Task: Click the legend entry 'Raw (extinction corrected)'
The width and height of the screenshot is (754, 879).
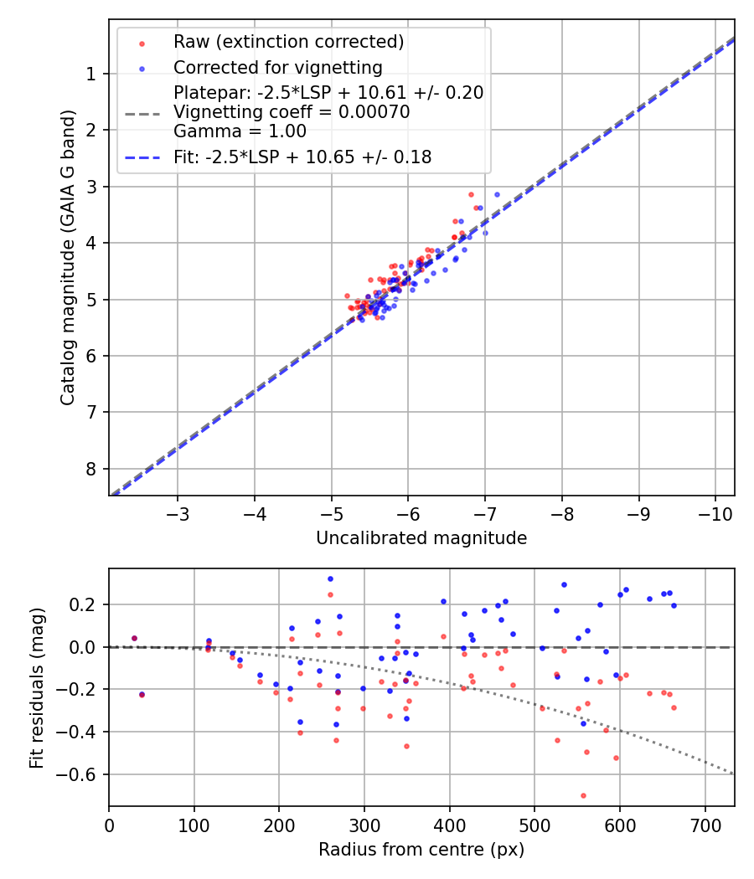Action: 288,41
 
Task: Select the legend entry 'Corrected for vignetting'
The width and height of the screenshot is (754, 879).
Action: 277,67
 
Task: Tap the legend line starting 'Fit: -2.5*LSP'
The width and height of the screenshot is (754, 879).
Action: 302,157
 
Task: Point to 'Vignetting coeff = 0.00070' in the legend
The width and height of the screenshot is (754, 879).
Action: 292,112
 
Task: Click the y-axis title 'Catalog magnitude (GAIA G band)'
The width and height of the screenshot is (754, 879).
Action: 68,257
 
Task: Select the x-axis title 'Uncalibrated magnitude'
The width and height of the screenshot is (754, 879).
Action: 421,538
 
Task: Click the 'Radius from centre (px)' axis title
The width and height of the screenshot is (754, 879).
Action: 421,850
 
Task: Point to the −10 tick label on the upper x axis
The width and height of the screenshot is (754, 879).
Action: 715,513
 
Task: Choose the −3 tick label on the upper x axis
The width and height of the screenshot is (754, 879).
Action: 178,513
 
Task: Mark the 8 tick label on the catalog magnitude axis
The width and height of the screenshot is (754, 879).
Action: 91,468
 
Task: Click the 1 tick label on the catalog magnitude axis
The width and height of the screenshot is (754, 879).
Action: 91,74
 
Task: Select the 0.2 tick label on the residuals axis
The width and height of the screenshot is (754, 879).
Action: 85,604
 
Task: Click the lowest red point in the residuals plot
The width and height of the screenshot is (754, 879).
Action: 583,795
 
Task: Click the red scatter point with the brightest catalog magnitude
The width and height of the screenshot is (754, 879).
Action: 471,194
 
